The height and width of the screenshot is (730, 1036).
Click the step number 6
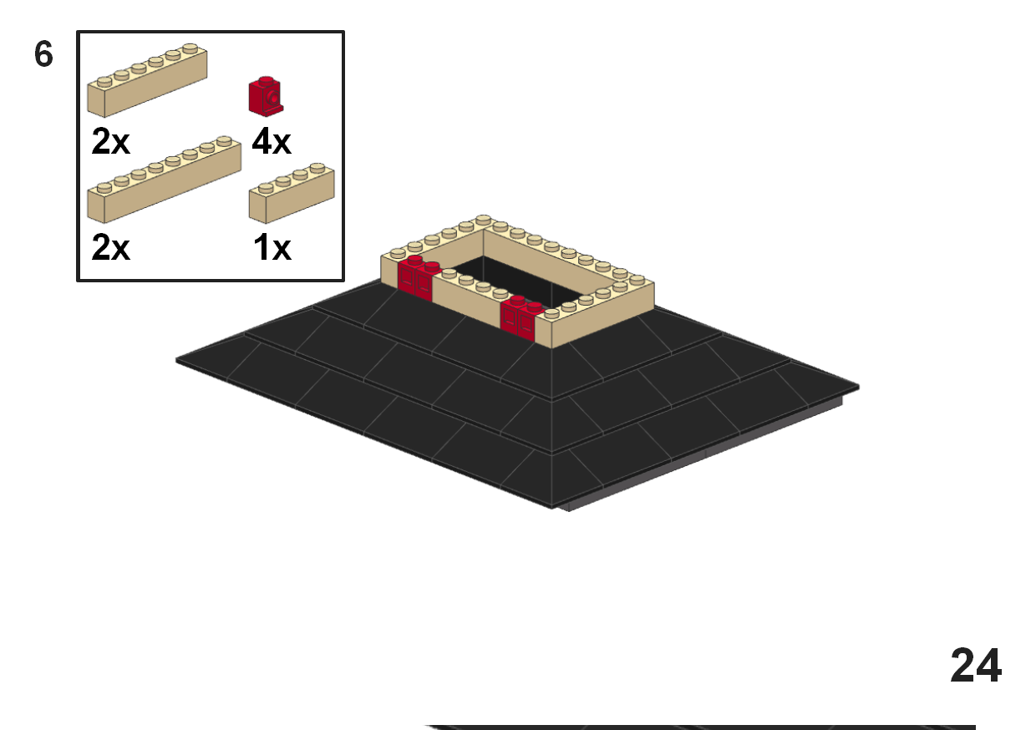(43, 55)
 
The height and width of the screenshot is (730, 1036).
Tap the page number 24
(976, 666)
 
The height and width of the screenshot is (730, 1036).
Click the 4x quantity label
(272, 143)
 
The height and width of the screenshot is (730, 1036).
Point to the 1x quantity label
(272, 248)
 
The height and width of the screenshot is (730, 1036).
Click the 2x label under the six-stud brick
(110, 143)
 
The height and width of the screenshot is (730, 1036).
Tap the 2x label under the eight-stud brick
(110, 248)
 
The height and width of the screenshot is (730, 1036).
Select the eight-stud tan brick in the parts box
(164, 179)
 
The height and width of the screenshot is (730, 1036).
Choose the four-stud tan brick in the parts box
(292, 194)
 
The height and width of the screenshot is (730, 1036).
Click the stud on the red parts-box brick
(266, 81)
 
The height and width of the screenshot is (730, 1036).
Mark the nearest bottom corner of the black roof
(552, 505)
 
